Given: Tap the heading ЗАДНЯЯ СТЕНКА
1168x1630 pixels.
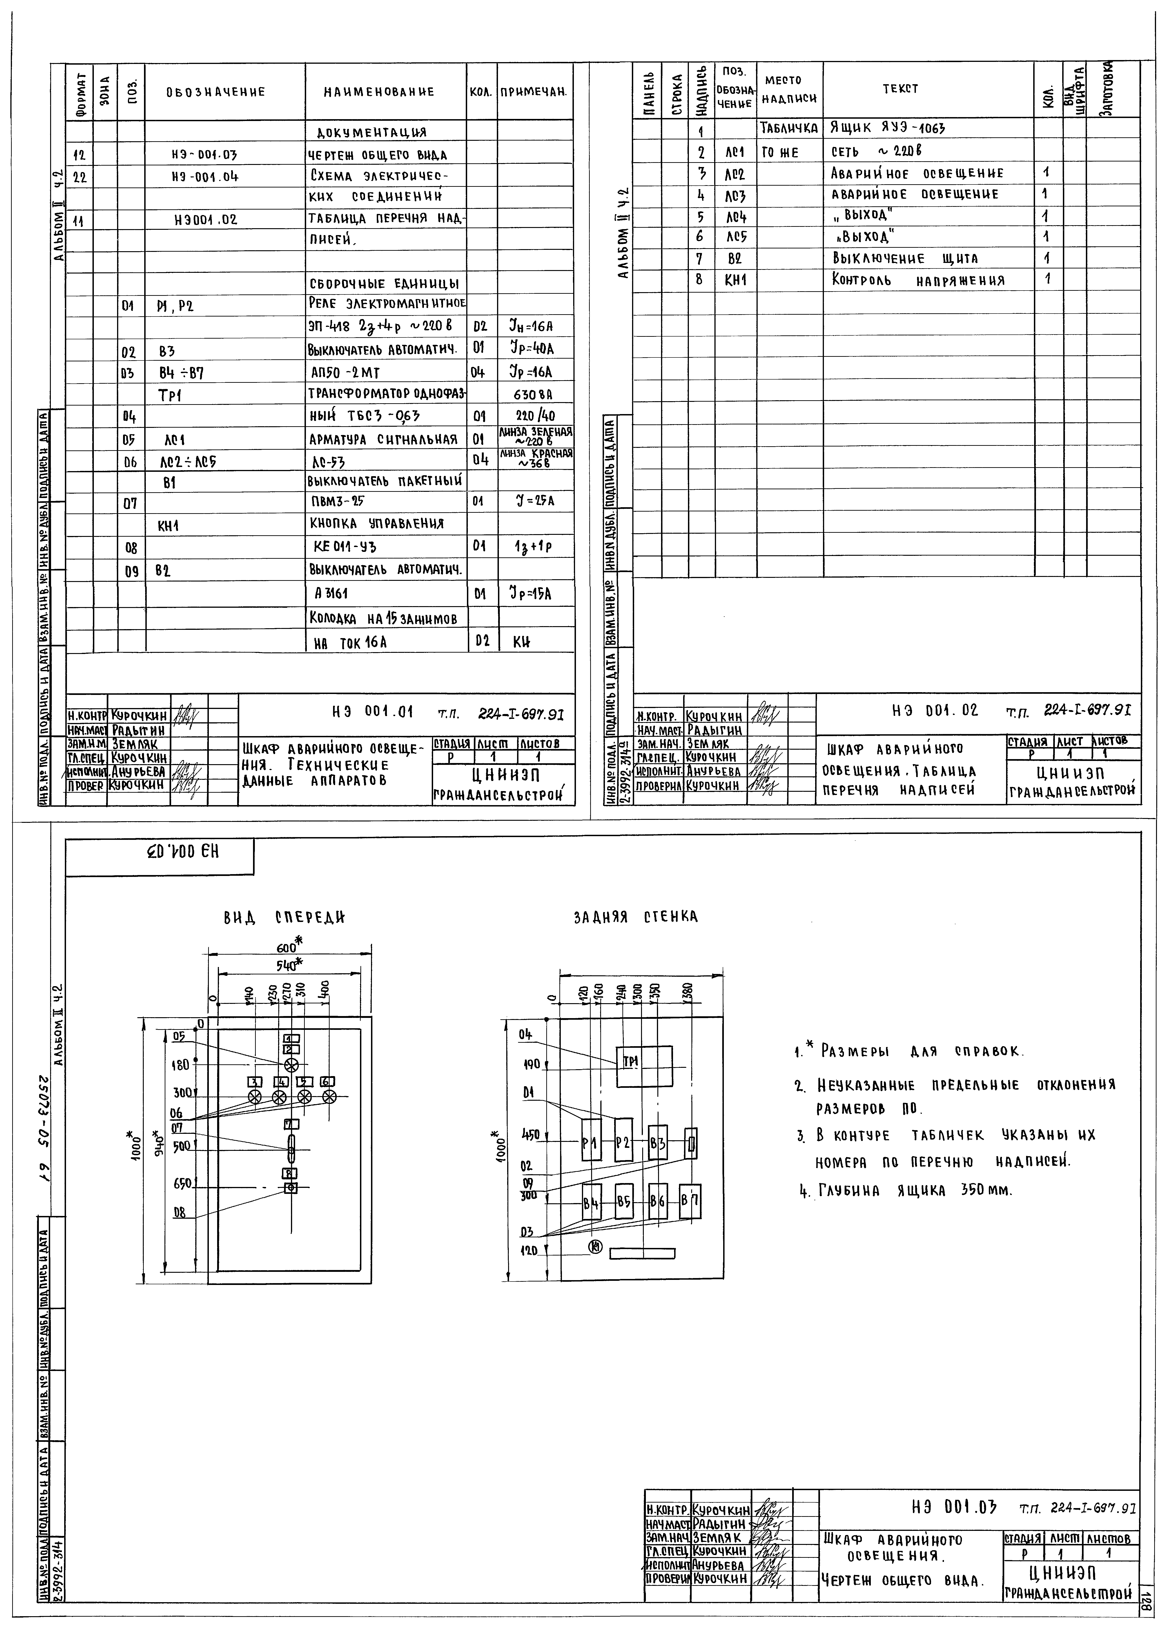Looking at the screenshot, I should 635,917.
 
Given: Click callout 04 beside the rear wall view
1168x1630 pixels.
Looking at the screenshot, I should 525,1034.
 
